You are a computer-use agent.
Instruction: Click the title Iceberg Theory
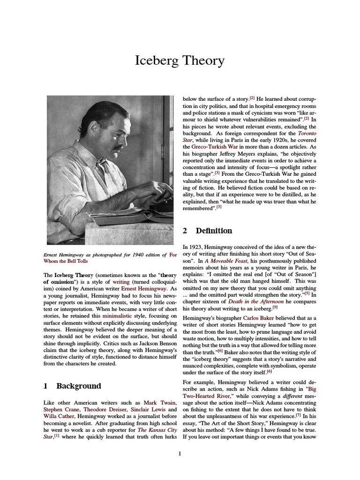(x=180, y=60)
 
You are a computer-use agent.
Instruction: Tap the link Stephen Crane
(x=61, y=409)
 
